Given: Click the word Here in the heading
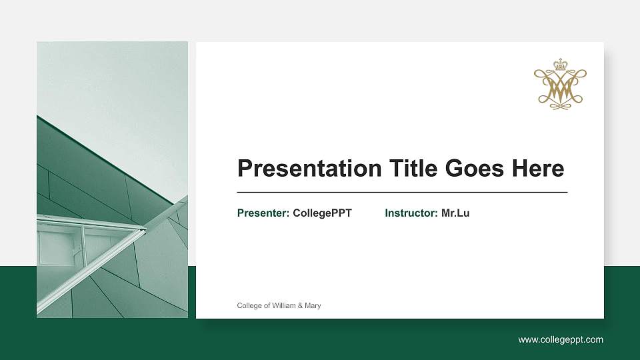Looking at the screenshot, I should tap(538, 169).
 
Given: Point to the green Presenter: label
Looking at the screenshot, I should tap(263, 213).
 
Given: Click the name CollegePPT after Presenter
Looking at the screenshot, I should tap(322, 213).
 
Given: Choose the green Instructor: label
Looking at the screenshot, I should tap(411, 213).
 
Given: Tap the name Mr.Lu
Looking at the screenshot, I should tap(455, 213).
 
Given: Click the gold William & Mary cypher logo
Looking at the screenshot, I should tap(560, 85).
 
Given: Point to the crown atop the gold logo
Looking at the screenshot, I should tap(560, 65).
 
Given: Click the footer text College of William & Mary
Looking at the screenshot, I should tap(279, 305).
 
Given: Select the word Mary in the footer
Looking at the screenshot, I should tap(313, 305).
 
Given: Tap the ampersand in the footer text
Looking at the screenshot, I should tap(300, 305).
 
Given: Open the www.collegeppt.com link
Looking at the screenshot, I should tap(561, 340).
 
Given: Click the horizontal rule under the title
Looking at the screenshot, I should tap(402, 192).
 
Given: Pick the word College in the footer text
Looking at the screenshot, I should tap(249, 305).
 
